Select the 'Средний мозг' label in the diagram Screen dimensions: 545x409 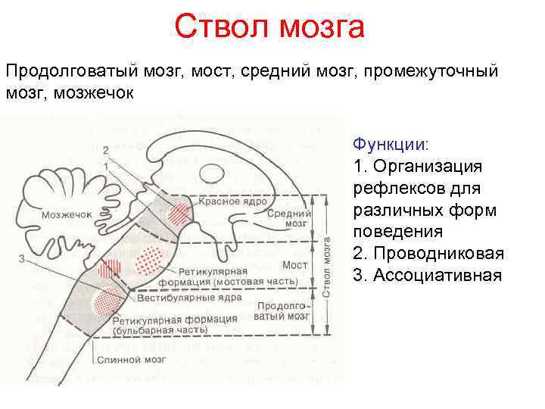click(287, 219)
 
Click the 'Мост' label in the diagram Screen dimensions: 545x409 click(294, 265)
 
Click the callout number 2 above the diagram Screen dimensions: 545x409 click(107, 148)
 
